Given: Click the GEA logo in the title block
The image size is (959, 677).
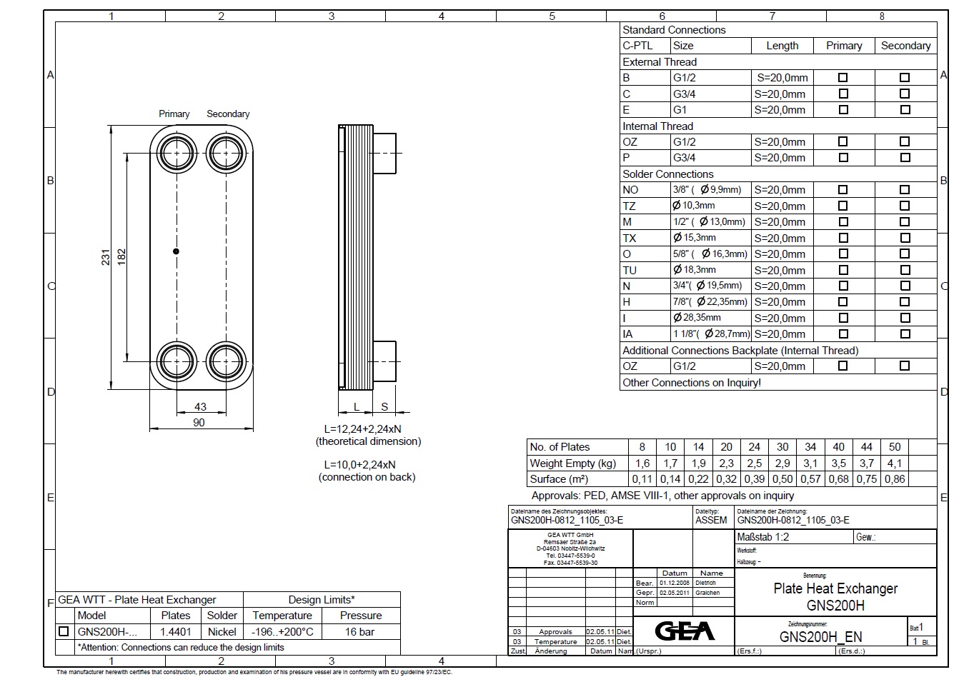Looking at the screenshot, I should pos(685,631).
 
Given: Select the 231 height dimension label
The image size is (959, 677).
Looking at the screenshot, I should pos(106,258).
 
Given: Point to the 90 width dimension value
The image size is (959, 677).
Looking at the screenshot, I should pos(199,422).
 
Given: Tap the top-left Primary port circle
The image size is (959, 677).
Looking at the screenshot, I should pos(175,153).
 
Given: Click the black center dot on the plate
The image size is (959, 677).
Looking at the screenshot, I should pos(176,251).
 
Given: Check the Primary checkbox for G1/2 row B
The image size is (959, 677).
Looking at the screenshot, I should pos(843,77).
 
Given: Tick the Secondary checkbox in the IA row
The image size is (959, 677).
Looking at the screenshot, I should pos(905,334).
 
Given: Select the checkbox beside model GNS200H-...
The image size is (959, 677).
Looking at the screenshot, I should pos(64,631).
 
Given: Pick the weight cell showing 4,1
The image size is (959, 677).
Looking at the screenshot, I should pos(895,463).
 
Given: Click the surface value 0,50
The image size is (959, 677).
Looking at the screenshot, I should pos(782,479).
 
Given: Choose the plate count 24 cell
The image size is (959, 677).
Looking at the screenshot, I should pos(754,447).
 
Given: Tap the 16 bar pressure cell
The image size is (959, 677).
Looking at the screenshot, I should pos(360,631).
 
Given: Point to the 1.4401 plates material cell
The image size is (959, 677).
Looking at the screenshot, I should pos(176,631).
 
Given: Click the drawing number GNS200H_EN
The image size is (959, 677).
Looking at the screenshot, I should pos(820,637).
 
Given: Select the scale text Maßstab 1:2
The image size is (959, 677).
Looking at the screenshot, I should pos(763,537).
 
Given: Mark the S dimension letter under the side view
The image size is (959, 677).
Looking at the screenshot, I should pos(384,406).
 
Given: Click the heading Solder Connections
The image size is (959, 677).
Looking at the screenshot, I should pos(668,174).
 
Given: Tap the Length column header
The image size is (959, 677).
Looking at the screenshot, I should pos(782,46).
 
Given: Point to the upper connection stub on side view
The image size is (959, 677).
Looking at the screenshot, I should pos(384,154).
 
